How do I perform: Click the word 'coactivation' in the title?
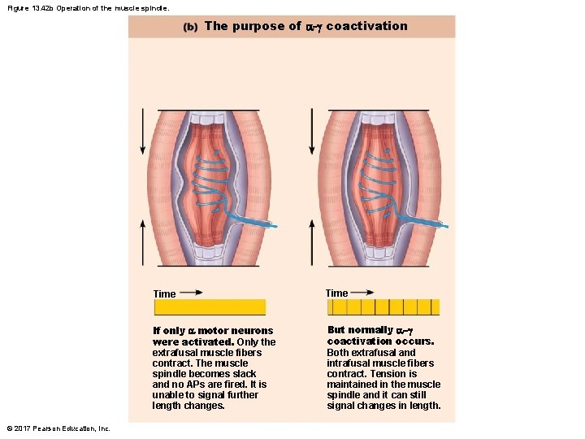pos(366,26)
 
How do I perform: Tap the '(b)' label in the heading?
pos(190,27)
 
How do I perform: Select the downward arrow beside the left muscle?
pos(143,131)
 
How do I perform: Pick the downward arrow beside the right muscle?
pos(312,131)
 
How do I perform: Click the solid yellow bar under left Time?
pos(210,307)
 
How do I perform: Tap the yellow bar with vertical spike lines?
pos(383,306)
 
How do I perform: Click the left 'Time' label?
pos(164,294)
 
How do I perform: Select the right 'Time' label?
pos(336,293)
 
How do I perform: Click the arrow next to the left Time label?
pos(192,293)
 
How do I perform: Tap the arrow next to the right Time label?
pos(363,292)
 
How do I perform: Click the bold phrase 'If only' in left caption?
pos(169,331)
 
